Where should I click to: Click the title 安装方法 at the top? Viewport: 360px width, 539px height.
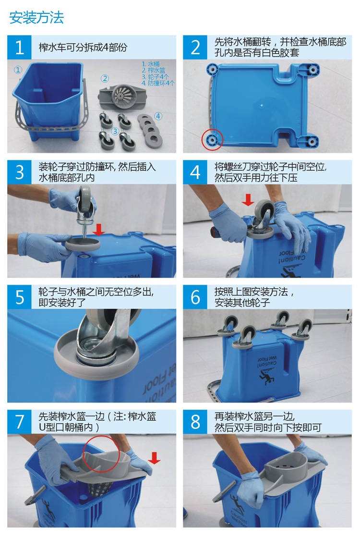(36, 17)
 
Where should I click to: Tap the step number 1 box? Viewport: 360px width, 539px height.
(19, 47)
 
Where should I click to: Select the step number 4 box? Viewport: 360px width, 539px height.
(195, 172)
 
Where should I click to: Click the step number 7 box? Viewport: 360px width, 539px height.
(19, 421)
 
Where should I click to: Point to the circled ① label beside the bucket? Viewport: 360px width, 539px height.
(18, 70)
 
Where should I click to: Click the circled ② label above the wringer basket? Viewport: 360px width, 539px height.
(105, 79)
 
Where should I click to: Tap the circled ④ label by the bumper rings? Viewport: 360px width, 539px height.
(158, 116)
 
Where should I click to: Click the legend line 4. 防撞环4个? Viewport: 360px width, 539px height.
(158, 83)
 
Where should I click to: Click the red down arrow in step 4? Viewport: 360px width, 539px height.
(248, 200)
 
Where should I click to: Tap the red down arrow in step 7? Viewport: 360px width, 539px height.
(154, 457)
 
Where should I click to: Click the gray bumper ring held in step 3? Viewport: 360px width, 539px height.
(83, 244)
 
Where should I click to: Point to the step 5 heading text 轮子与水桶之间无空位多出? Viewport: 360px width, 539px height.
(96, 292)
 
